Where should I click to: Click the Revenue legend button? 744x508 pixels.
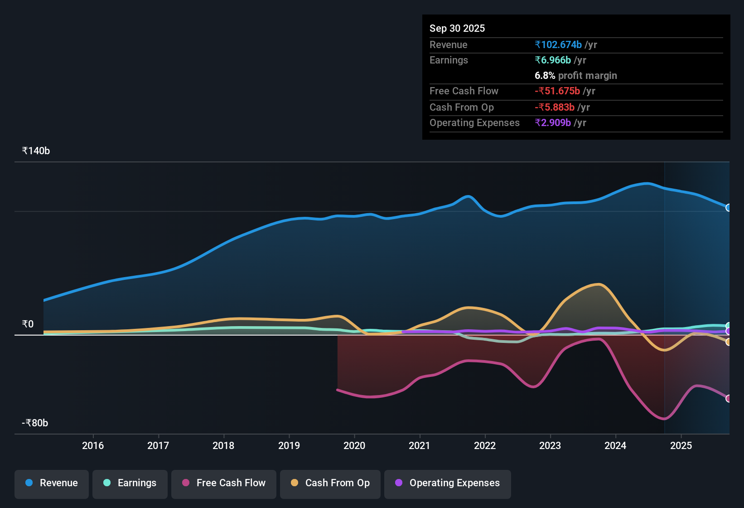point(52,483)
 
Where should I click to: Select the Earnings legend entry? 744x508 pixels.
point(130,483)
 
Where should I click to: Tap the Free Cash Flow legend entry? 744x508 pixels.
point(224,483)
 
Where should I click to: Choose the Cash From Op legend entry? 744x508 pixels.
point(330,483)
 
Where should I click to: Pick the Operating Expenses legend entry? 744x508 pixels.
point(448,483)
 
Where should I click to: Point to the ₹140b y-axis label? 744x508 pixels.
point(36,151)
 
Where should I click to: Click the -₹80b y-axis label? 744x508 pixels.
point(35,423)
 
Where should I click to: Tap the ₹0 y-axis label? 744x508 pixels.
point(28,324)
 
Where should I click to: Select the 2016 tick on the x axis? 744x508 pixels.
point(93,446)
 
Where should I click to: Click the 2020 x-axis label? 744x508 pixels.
point(354,446)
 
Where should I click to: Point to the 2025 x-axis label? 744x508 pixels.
point(681,446)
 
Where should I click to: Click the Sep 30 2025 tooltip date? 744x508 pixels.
point(457,29)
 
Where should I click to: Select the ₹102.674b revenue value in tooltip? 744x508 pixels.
point(558,45)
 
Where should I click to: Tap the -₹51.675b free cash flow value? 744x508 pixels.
point(557,91)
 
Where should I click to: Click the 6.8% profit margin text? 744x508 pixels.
point(575,76)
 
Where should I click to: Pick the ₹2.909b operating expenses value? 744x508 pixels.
point(553,123)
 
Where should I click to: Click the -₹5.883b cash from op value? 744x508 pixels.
point(555,107)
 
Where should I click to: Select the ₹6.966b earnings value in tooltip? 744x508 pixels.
point(553,60)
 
